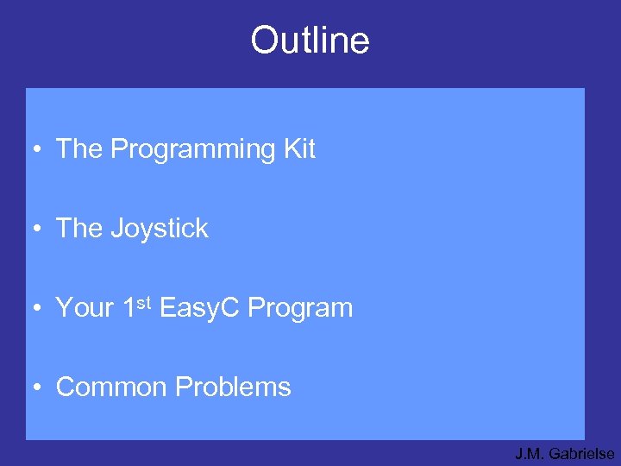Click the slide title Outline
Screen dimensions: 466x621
pos(310,41)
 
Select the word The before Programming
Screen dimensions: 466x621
pos(78,149)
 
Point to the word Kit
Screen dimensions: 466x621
pos(299,149)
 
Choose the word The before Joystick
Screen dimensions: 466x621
pos(78,229)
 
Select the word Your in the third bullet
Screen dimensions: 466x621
pos(84,308)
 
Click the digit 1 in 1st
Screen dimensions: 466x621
pos(129,308)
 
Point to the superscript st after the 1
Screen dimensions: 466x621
pos(144,303)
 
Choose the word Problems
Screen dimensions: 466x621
pos(233,387)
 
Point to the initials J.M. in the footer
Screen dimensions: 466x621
pos(530,453)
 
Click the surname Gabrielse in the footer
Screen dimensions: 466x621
pos(581,453)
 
